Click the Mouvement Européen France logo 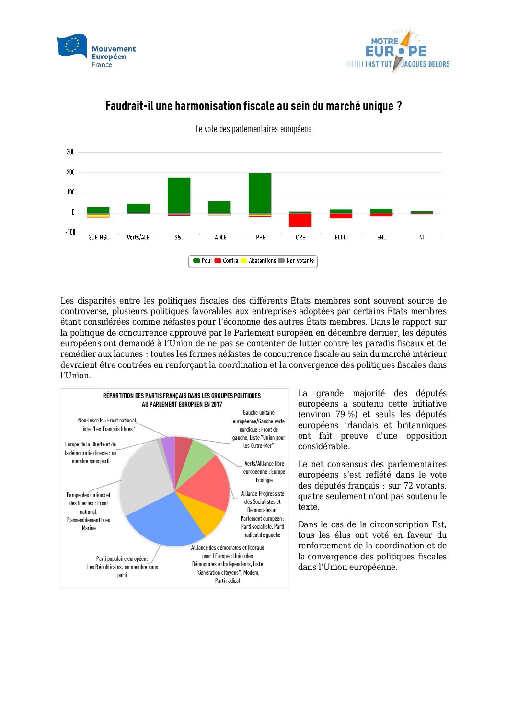96,51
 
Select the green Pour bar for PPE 260,193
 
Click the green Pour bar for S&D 179,195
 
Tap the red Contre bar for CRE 300,220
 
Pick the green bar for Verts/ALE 138,208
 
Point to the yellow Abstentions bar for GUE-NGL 98,216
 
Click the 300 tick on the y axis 71,152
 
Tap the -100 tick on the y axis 70,232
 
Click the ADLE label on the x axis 220,238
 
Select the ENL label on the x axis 381,238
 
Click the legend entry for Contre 227,261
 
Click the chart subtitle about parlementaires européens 253,129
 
